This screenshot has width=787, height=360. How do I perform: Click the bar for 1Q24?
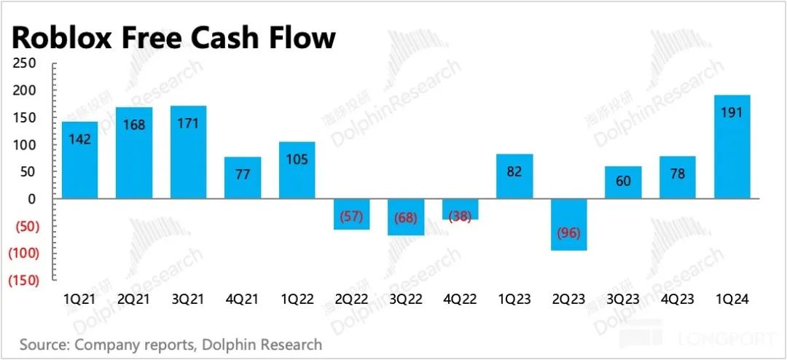[x=732, y=146]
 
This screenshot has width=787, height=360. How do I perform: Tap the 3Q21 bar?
[x=189, y=152]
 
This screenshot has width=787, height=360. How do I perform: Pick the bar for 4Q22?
[x=461, y=209]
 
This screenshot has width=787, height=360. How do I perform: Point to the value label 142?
[x=80, y=140]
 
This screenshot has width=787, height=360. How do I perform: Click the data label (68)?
[x=406, y=218]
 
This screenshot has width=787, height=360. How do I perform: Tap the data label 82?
[x=514, y=173]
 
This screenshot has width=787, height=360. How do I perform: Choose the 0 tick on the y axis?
[x=31, y=199]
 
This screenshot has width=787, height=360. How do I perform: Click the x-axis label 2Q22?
[x=351, y=300]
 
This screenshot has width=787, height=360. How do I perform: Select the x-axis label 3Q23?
[x=623, y=300]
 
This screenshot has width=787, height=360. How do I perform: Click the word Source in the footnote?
[x=44, y=344]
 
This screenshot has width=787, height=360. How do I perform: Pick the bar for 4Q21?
[x=243, y=178]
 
